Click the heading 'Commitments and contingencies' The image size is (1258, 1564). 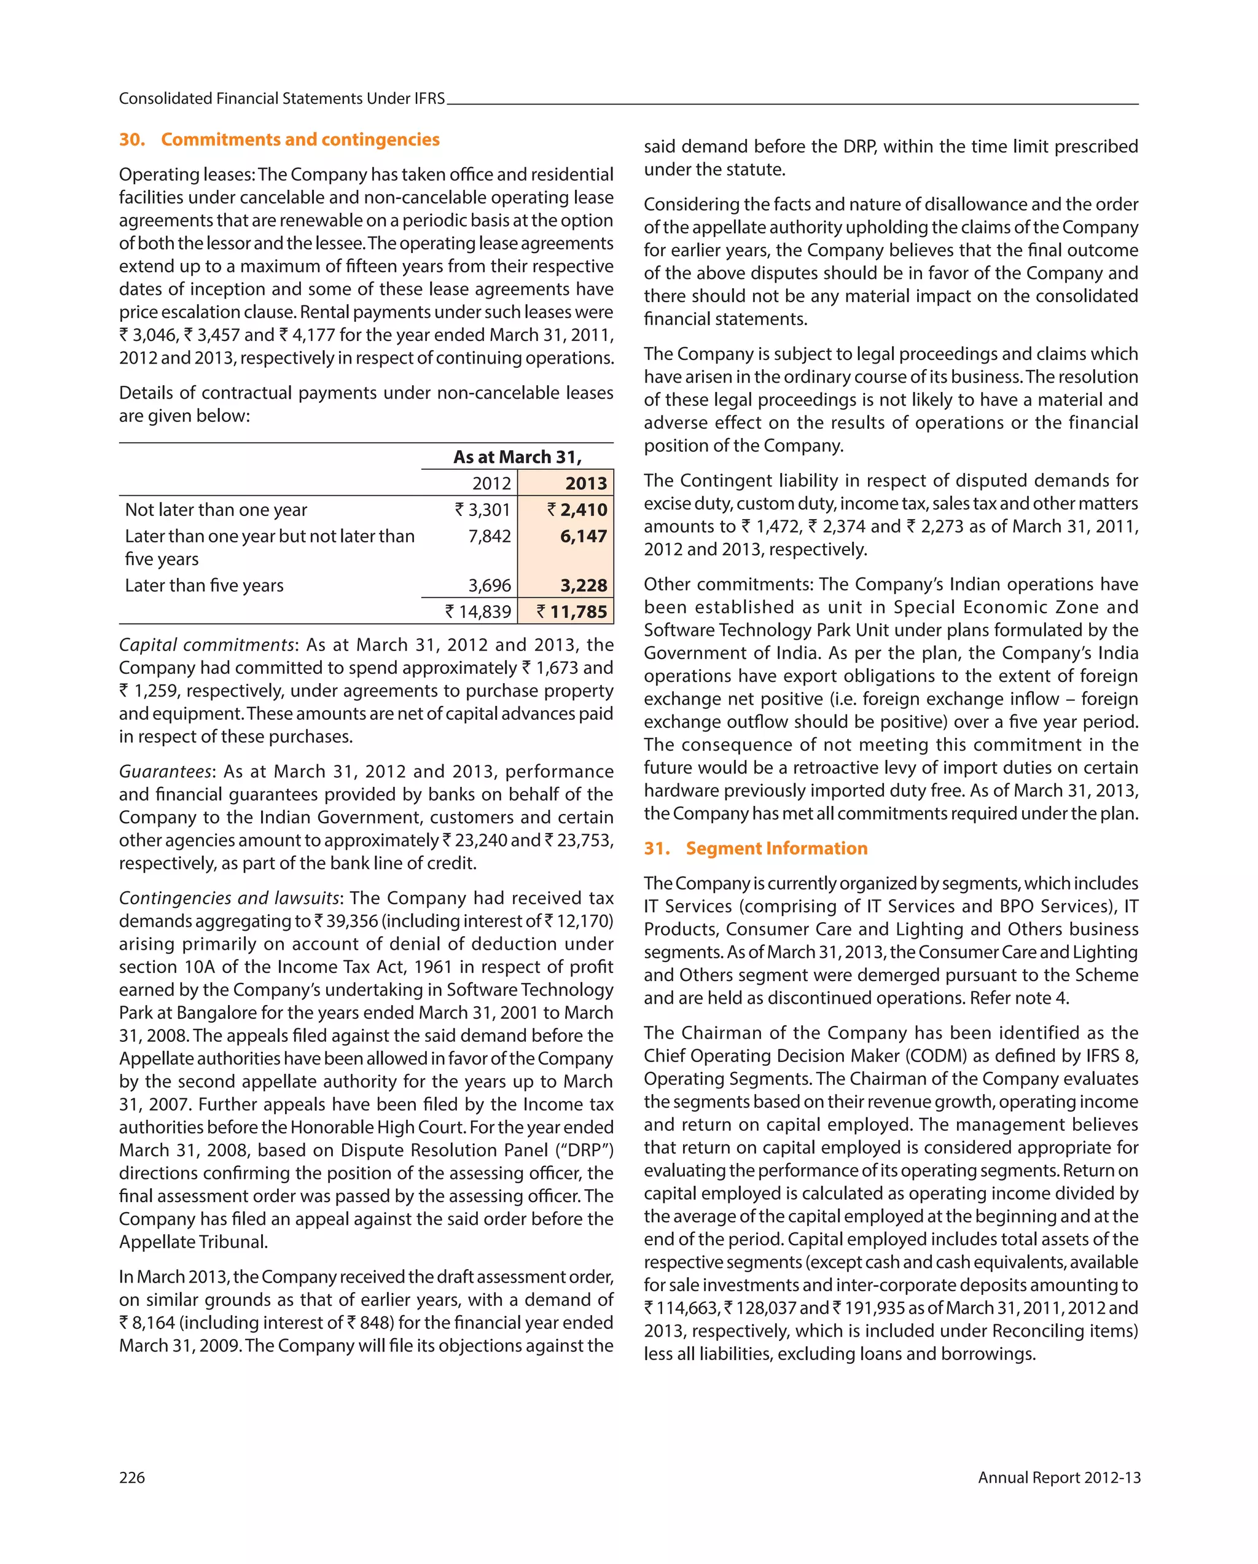(x=300, y=139)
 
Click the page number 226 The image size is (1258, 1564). (x=132, y=1477)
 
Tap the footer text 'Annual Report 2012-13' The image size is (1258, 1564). (x=1058, y=1477)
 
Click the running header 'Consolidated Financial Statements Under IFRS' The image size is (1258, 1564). (x=281, y=99)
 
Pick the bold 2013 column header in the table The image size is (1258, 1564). (x=585, y=483)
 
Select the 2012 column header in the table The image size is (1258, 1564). (x=491, y=483)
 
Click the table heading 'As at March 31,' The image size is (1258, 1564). (x=517, y=457)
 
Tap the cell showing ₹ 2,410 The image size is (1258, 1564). (x=577, y=509)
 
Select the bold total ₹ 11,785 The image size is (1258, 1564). (x=572, y=611)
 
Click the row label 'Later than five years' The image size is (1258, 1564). (x=204, y=585)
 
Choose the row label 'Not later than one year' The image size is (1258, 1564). (x=216, y=509)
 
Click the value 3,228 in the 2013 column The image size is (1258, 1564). (x=584, y=585)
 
